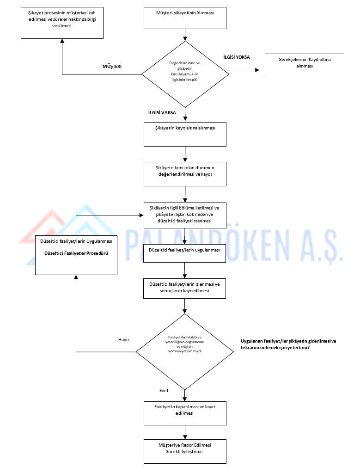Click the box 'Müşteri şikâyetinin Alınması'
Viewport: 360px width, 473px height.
[185, 18]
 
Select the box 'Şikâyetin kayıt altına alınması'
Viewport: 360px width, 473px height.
[185, 134]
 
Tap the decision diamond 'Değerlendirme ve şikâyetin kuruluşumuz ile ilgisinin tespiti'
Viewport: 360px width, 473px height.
[185, 74]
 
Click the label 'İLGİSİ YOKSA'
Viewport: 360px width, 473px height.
[237, 57]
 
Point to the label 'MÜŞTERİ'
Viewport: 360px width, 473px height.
[112, 67]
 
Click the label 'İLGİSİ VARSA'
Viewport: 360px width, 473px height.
[162, 112]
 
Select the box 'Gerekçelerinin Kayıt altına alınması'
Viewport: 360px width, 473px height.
[304, 65]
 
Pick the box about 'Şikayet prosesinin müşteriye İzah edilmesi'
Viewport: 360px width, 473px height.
[62, 23]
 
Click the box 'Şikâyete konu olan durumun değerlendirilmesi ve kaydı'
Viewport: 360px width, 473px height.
[185, 174]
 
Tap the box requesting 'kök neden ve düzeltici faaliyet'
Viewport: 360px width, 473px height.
[185, 215]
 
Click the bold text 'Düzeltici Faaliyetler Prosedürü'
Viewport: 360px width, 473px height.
[76, 253]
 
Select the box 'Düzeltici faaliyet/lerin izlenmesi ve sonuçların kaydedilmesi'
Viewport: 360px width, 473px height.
[184, 289]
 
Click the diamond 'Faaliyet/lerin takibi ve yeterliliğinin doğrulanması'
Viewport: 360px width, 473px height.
[185, 352]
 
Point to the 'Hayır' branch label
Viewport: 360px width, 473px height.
[123, 340]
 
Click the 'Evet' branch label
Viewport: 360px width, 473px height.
[164, 391]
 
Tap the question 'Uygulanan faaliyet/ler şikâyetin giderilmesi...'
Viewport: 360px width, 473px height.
[288, 344]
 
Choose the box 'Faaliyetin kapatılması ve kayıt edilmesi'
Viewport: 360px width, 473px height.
[185, 413]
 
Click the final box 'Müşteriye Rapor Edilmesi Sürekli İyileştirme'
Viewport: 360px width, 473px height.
[185, 451]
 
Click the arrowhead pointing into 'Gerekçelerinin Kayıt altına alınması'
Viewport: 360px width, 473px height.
[257, 70]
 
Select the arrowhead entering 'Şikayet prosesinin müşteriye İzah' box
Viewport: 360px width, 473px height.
[62, 41]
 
